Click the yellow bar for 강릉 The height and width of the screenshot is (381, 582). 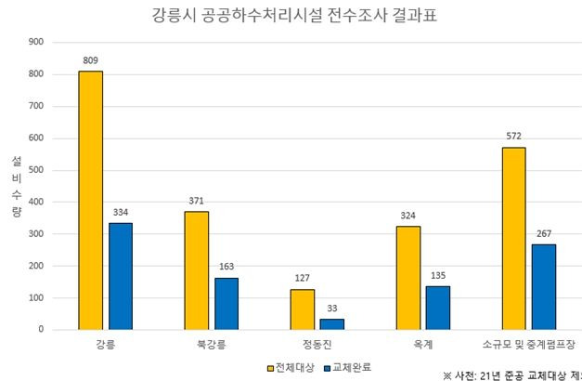pyautogui.click(x=90, y=200)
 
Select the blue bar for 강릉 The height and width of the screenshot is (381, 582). pyautogui.click(x=121, y=276)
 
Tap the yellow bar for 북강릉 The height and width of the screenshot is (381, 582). pyautogui.click(x=196, y=269)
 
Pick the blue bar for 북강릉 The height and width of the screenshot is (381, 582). pyautogui.click(x=226, y=303)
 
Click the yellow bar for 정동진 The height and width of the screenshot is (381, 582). pyautogui.click(x=302, y=309)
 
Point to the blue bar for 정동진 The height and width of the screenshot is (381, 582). pyautogui.click(x=332, y=323)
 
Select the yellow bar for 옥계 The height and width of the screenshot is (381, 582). pyautogui.click(x=407, y=277)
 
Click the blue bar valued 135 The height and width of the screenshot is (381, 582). pyautogui.click(x=438, y=308)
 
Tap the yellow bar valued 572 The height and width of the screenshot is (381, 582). pyautogui.click(x=513, y=238)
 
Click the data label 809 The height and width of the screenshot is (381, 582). pyautogui.click(x=90, y=60)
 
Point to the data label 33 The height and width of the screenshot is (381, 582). pyautogui.click(x=332, y=309)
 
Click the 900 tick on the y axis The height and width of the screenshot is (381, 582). pyautogui.click(x=36, y=42)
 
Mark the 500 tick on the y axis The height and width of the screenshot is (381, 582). pyautogui.click(x=36, y=170)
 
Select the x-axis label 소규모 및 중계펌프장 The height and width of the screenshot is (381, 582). pyautogui.click(x=530, y=346)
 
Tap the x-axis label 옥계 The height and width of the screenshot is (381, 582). pyautogui.click(x=423, y=346)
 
